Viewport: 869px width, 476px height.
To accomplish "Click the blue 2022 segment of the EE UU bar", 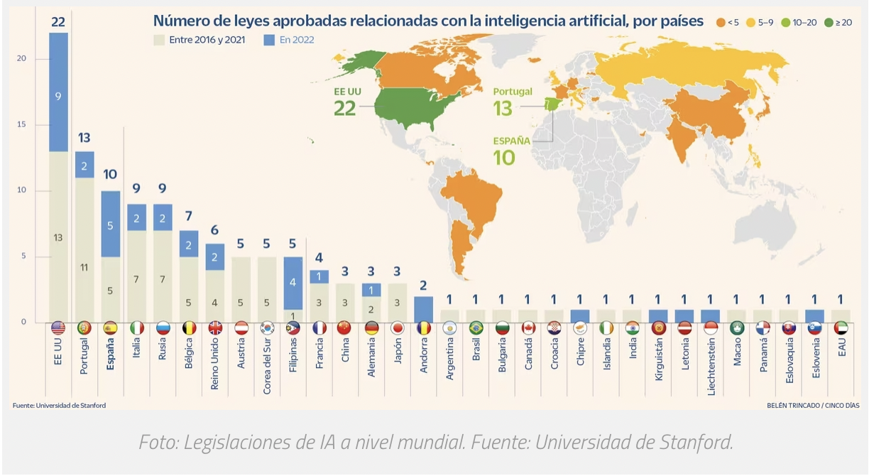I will point(58,92).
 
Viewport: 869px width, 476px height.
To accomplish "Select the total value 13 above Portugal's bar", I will point(84,138).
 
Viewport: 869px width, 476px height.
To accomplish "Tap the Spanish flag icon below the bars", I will point(111,328).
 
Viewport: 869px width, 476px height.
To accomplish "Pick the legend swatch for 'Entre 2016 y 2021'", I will point(160,40).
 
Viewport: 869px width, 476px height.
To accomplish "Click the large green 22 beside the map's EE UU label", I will point(345,108).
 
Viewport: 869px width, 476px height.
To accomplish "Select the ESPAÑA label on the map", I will point(511,141).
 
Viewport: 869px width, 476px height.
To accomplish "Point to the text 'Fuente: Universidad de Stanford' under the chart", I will point(59,405).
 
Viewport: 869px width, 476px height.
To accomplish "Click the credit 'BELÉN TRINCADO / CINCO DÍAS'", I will point(813,405).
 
